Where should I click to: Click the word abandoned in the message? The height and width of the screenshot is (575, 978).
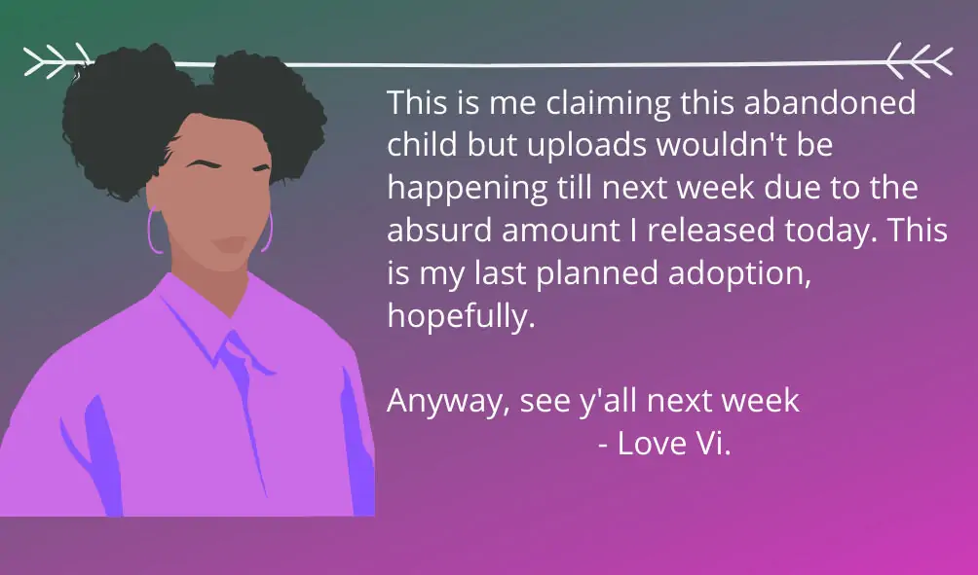click(x=830, y=102)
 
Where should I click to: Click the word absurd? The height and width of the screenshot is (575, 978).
click(x=439, y=230)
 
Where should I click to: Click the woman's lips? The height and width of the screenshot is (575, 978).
click(x=230, y=244)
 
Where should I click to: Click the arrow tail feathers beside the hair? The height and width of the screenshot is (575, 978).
click(x=56, y=60)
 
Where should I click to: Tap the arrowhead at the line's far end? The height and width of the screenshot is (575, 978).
click(x=920, y=60)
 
